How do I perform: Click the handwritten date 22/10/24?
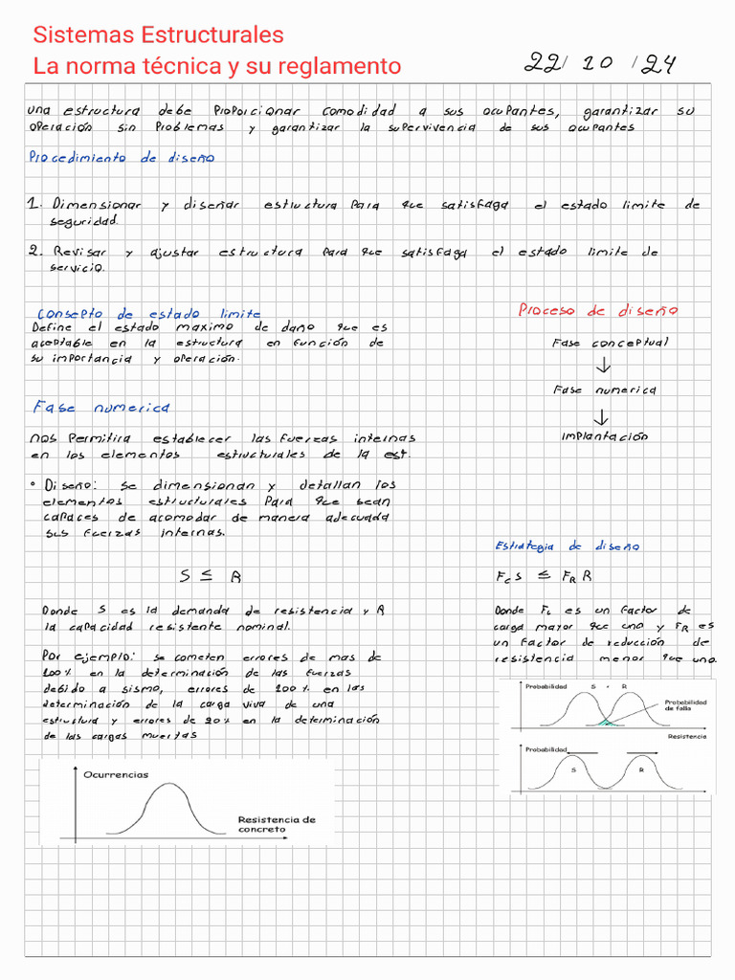click(x=601, y=64)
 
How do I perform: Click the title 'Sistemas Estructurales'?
click(x=158, y=35)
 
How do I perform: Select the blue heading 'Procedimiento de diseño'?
click(x=122, y=158)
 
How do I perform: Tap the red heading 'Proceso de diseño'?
click(x=598, y=310)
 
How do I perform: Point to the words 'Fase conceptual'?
click(x=610, y=342)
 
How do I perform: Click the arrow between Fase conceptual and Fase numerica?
click(x=603, y=366)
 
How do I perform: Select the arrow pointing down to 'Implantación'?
click(x=601, y=416)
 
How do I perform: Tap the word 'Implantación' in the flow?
click(x=604, y=436)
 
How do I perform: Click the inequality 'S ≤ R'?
click(x=211, y=576)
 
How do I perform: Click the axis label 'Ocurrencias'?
click(x=116, y=774)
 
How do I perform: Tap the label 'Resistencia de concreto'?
click(x=276, y=824)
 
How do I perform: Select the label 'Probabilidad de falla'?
click(x=685, y=705)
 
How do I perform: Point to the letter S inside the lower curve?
click(x=572, y=769)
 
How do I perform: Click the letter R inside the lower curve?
click(x=641, y=769)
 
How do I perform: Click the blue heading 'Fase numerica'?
click(x=100, y=408)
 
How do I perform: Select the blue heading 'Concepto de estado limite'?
click(x=147, y=314)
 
